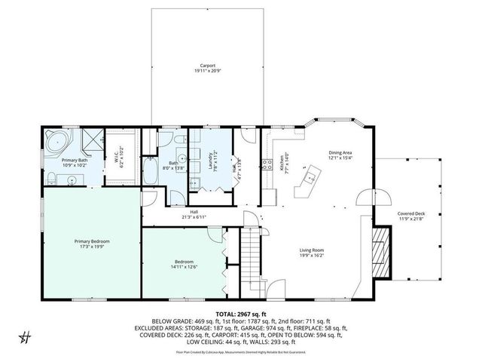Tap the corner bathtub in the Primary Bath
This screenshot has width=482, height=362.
click(x=56, y=141)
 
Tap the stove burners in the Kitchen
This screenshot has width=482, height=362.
click(x=264, y=164)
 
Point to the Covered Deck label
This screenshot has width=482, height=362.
click(x=411, y=213)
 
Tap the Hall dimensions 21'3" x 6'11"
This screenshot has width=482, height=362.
click(x=194, y=217)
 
